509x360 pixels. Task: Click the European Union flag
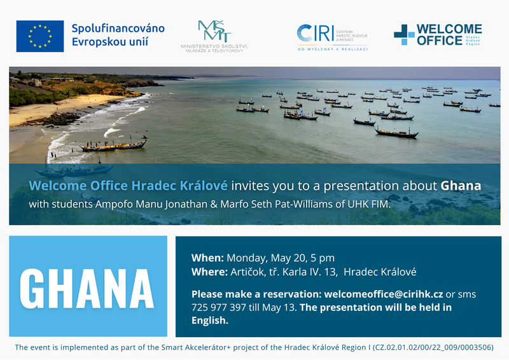point(40,36)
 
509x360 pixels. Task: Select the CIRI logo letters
point(315,33)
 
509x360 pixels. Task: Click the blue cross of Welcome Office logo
point(404,34)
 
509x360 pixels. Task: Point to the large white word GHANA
point(87,288)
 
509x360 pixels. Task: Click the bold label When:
point(207,258)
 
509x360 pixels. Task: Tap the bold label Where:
point(209,272)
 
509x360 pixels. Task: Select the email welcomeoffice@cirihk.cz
point(384,294)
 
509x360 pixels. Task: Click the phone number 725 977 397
point(218,307)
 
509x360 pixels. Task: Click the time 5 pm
point(323,258)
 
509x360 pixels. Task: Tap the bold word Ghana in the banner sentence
point(461,186)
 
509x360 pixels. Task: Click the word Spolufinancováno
point(118,29)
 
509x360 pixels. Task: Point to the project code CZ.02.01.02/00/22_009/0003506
point(433,347)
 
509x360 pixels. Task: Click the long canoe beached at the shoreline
point(113,146)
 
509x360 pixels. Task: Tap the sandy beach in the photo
point(49,109)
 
